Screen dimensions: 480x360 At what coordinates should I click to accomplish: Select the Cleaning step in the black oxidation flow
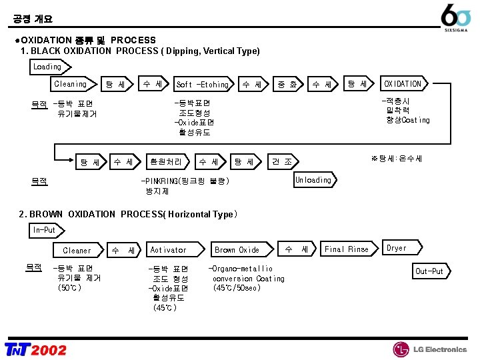coord(71,84)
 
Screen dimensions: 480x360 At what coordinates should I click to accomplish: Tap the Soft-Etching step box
coord(203,85)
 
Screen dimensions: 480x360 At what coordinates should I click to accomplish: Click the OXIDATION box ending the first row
coord(403,84)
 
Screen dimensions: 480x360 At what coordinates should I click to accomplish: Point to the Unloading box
coord(314,180)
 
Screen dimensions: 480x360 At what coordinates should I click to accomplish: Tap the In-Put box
coord(45,230)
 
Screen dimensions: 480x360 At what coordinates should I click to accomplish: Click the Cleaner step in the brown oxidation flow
coord(77,251)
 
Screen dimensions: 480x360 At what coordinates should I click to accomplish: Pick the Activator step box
coord(169,250)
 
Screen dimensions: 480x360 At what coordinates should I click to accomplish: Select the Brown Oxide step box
coord(237,250)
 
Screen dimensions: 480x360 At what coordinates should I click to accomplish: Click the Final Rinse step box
coord(347,249)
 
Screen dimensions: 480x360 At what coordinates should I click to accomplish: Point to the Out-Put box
coord(430,271)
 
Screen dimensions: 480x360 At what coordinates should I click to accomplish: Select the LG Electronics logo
coord(430,349)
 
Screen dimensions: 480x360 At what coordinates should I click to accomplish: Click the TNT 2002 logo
coord(36,349)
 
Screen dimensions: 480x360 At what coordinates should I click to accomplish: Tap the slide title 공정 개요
coord(33,19)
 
